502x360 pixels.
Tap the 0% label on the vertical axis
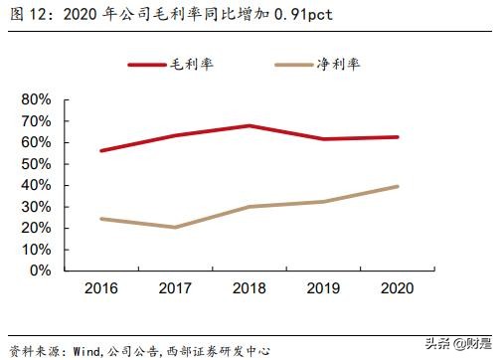(39, 270)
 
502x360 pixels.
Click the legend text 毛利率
(192, 65)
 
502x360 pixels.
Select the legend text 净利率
(340, 65)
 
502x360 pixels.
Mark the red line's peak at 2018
(249, 125)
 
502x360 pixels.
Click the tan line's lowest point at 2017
(175, 227)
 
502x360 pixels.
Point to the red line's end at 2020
(397, 137)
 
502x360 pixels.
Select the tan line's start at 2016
(101, 219)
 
